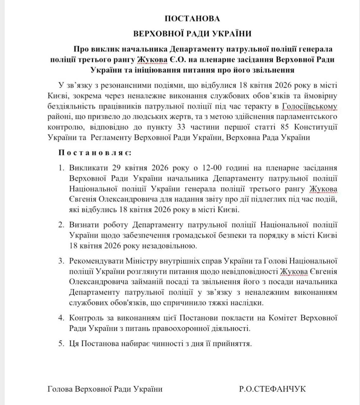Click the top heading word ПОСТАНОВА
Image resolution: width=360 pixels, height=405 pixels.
192,19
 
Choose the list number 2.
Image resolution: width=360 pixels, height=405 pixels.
61,225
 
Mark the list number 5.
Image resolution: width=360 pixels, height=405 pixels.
61,343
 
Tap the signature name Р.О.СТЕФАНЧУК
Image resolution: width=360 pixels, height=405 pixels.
273,389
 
